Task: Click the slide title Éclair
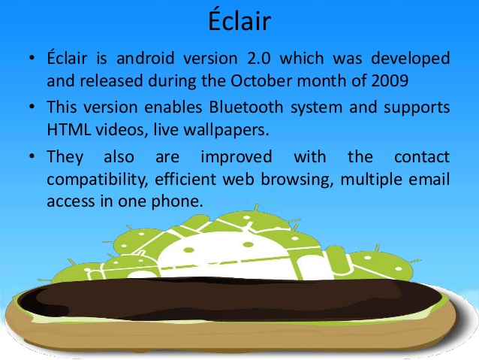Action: (x=239, y=20)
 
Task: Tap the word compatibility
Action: (x=92, y=180)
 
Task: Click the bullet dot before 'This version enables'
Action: (x=32, y=107)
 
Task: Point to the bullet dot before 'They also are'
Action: (x=32, y=157)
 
